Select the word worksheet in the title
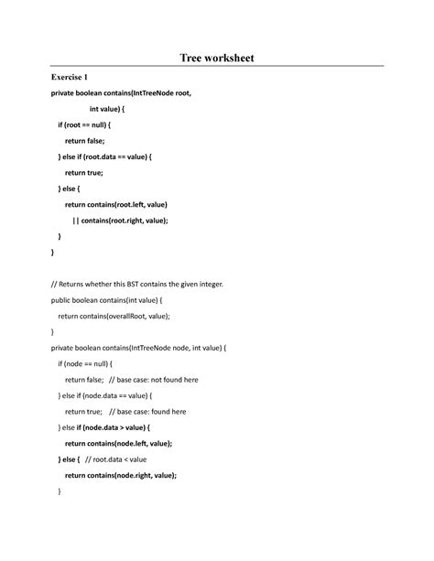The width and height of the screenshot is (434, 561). pyautogui.click(x=231, y=59)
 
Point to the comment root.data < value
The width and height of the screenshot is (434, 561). pyautogui.click(x=120, y=459)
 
